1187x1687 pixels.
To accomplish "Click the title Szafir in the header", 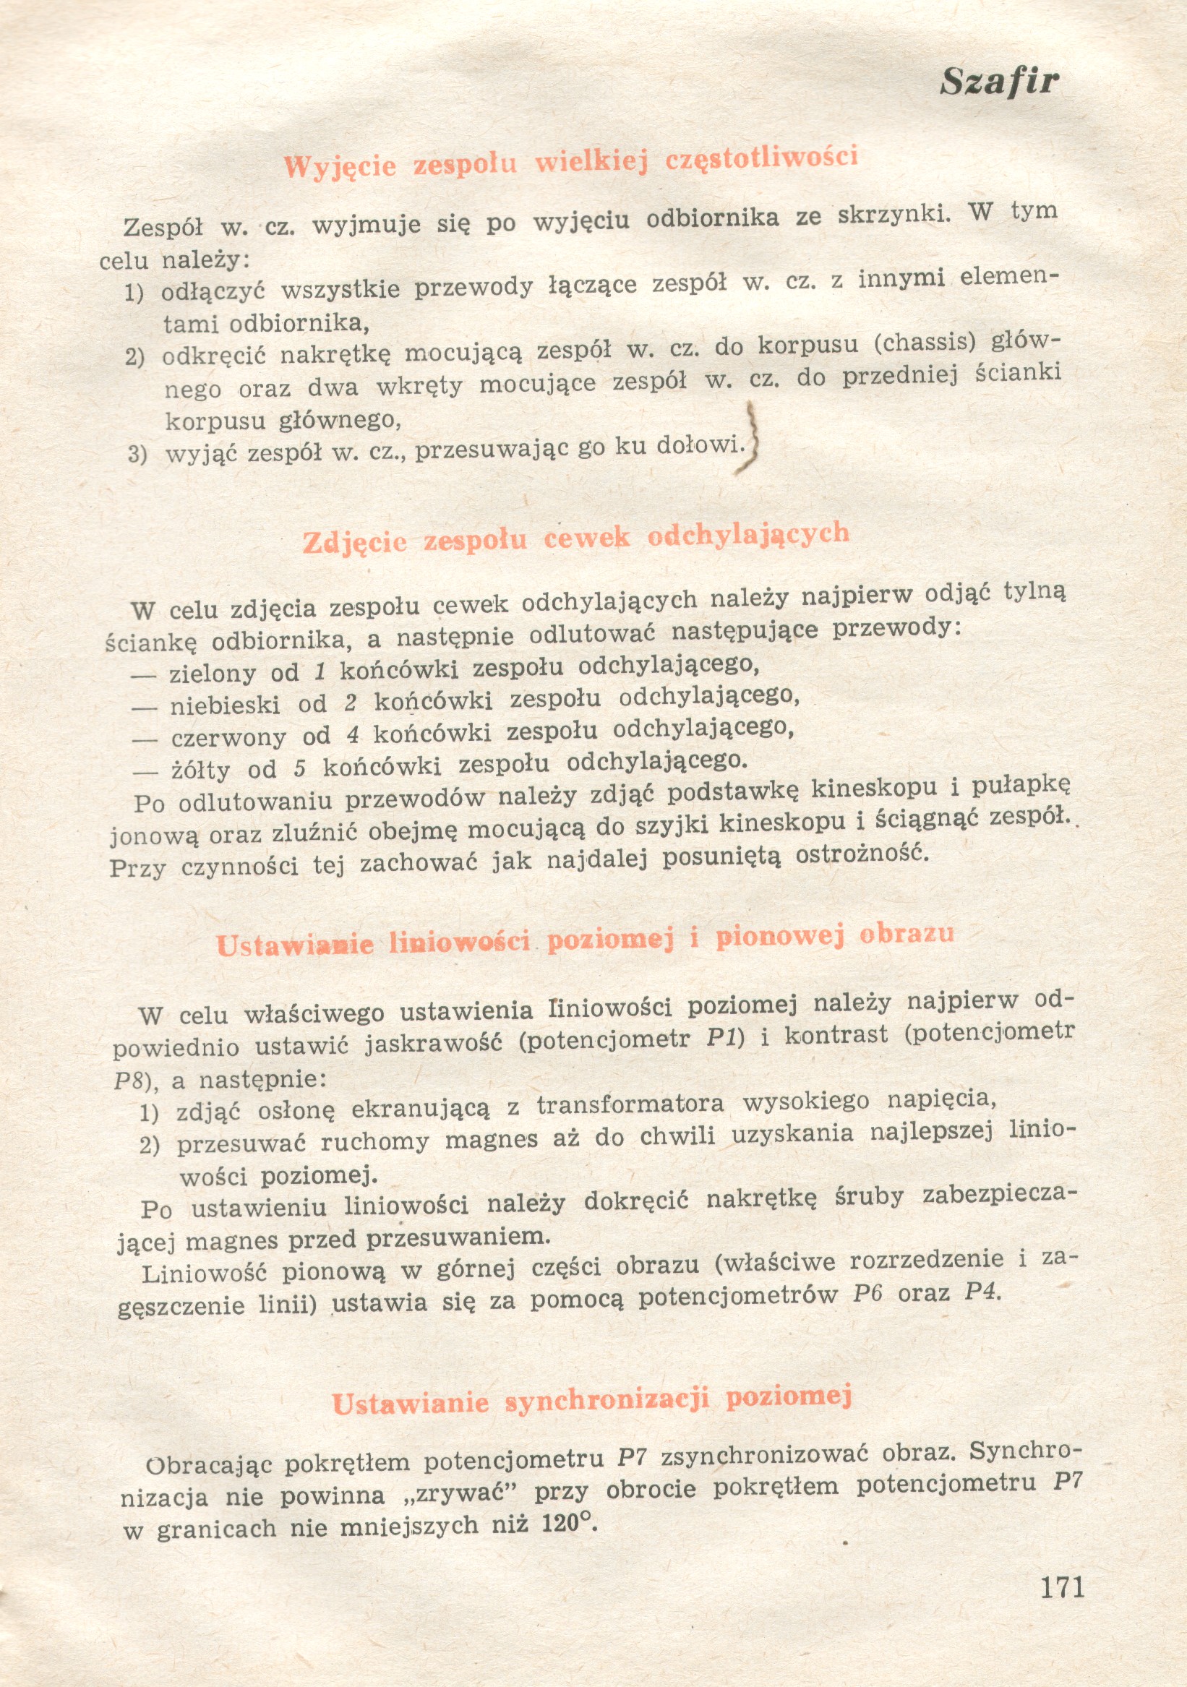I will tap(999, 82).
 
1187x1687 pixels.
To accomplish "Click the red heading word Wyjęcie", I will tap(340, 167).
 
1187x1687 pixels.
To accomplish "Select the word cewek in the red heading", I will tap(586, 538).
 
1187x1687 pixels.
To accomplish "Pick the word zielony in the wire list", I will tap(213, 674).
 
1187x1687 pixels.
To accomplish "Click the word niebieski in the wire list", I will tap(225, 706).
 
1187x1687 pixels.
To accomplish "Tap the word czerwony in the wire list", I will tap(228, 738).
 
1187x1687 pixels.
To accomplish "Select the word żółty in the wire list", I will tap(200, 770).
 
